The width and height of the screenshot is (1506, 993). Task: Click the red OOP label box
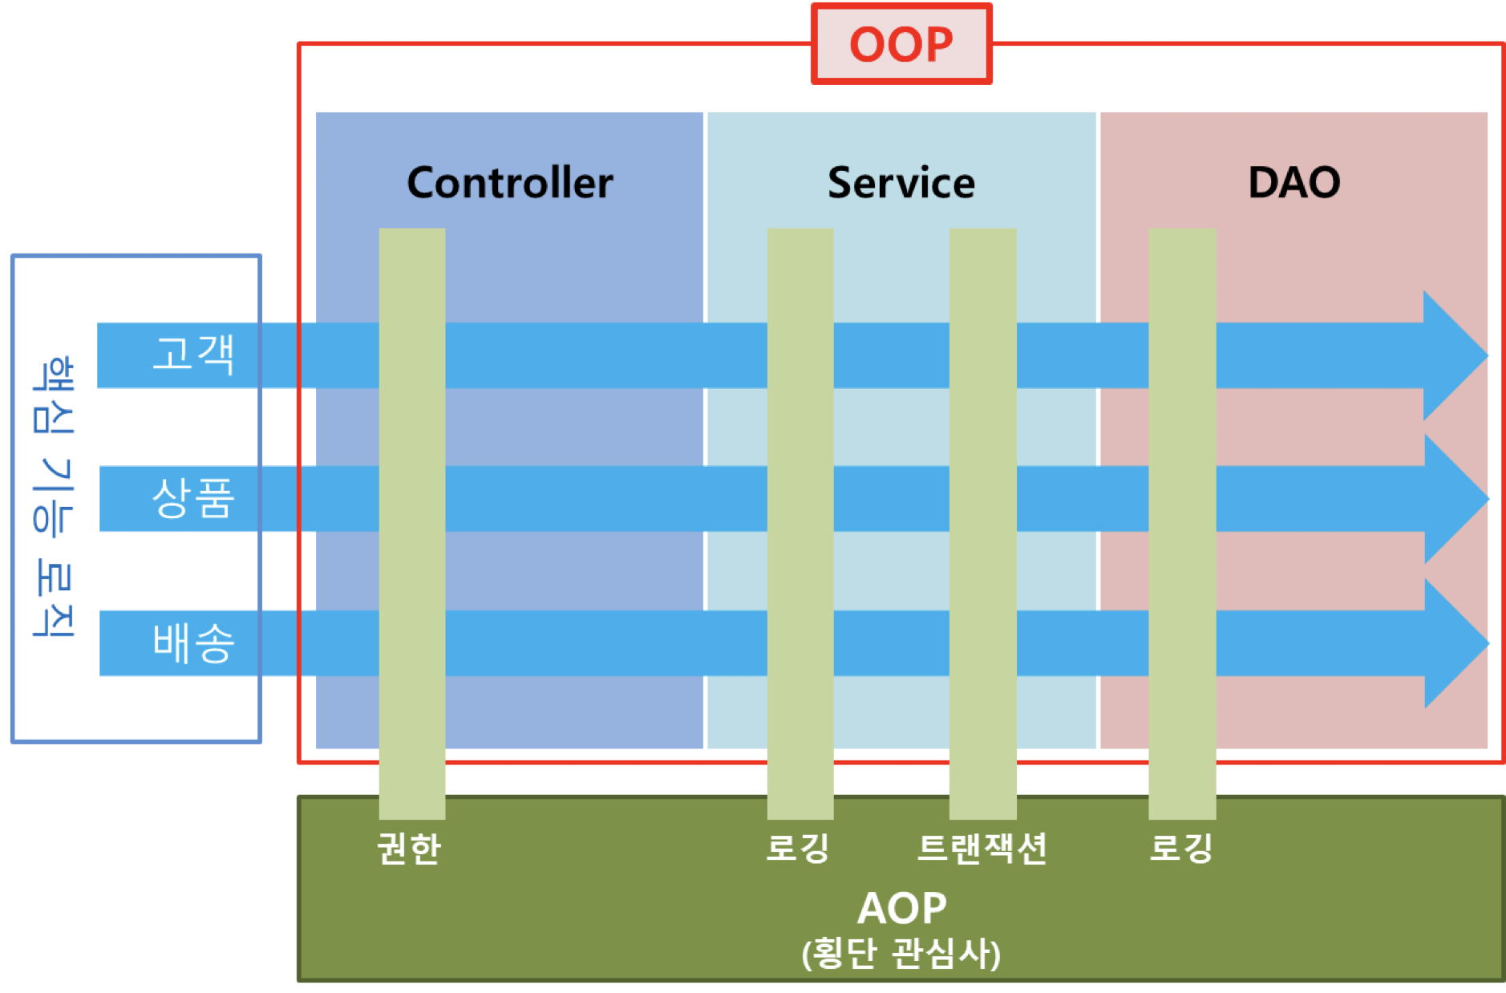(901, 44)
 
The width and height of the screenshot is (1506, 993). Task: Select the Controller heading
(510, 183)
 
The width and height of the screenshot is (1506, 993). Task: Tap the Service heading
(901, 183)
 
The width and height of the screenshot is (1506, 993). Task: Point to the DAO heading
(1294, 183)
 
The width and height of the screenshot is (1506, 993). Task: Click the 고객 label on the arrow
(193, 355)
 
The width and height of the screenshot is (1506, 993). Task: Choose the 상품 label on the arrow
(193, 498)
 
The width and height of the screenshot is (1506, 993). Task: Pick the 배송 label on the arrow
(193, 642)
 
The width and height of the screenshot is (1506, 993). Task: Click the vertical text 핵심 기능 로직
(54, 497)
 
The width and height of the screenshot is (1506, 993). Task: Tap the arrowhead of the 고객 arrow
(1451, 355)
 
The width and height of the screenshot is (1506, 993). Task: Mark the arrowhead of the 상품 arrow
(1452, 499)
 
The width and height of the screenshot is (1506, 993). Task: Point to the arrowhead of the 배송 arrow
(1452, 643)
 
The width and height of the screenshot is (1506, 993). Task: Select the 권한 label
(409, 848)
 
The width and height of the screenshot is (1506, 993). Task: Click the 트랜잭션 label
(982, 848)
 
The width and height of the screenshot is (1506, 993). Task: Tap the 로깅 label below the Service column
(798, 848)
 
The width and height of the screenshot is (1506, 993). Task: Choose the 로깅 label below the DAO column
(1181, 848)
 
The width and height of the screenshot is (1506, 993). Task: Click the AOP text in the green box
(901, 908)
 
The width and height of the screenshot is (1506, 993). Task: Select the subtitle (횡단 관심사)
(901, 954)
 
